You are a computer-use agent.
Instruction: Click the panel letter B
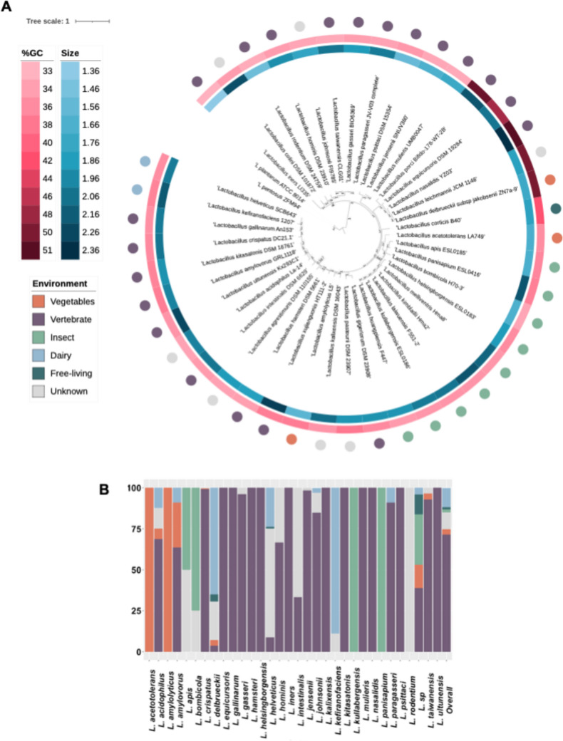105,489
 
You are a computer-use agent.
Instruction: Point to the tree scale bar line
92,21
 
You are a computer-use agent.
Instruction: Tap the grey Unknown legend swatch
38,390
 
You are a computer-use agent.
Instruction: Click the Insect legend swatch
38,338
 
